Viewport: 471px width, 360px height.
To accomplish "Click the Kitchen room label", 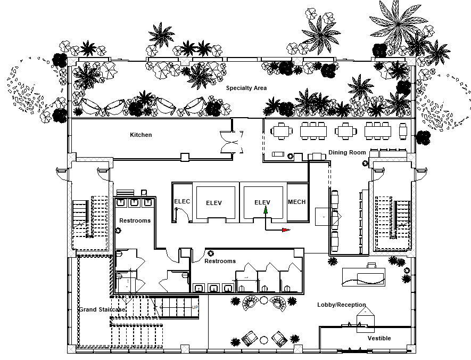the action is (141, 135).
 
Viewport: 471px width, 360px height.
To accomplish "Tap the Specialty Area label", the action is (246, 88).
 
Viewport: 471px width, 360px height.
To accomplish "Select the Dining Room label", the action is (347, 152).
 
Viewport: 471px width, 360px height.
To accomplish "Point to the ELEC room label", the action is (182, 201).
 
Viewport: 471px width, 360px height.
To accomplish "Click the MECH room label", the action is (297, 202).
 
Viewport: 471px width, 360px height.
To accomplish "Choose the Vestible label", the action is (379, 338).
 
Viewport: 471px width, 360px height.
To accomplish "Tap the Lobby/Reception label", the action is (342, 305).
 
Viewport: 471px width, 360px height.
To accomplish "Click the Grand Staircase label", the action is (102, 309).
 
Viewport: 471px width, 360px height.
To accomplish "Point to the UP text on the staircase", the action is (195, 307).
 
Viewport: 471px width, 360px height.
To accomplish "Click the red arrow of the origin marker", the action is (286, 230).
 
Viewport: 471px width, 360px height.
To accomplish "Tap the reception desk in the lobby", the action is (363, 277).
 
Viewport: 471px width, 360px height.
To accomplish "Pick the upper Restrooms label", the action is (135, 220).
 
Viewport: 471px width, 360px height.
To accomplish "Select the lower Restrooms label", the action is (220, 261).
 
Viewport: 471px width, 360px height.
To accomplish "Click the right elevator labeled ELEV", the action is (263, 202).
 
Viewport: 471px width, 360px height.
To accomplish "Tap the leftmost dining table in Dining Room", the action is (282, 131).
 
